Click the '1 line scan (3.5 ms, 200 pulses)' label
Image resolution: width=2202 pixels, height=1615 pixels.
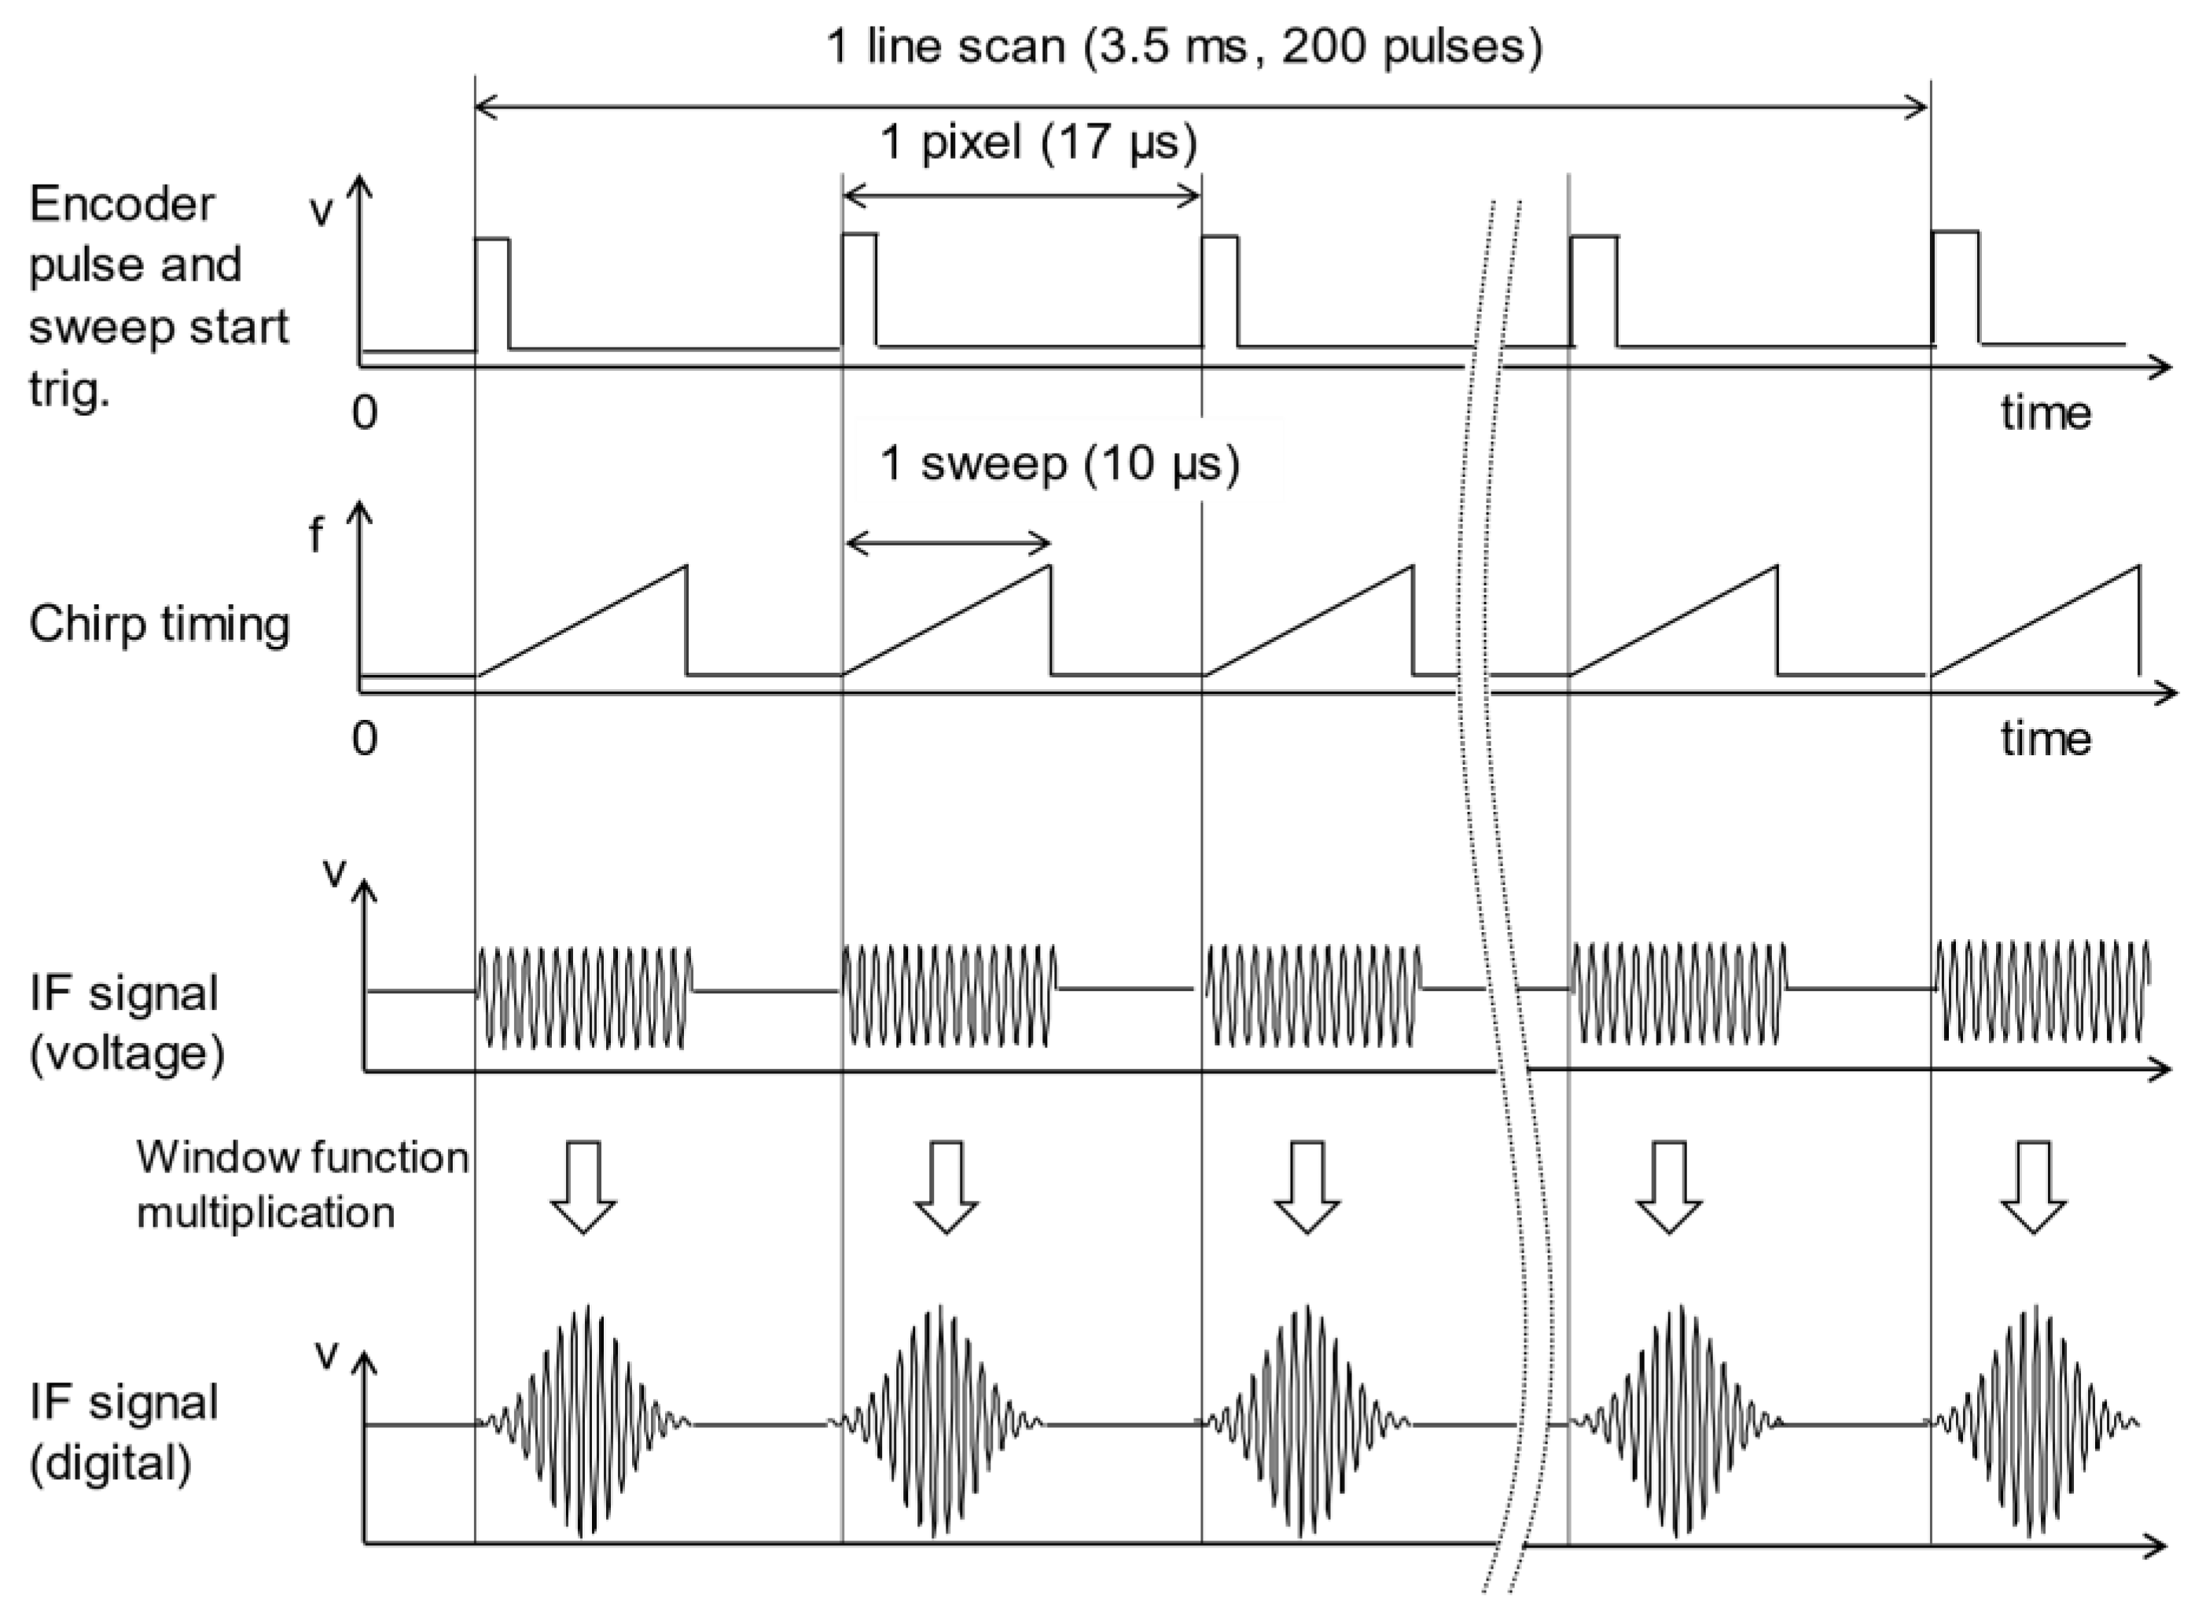click(1183, 46)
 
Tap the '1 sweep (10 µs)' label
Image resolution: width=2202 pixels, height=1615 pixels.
click(1059, 464)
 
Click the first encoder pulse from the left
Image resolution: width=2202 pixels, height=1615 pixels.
click(492, 292)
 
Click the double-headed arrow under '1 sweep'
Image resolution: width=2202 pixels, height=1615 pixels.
click(947, 542)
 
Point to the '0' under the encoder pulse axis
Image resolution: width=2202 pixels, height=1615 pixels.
click(365, 413)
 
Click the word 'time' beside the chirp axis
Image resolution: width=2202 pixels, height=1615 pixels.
click(2046, 738)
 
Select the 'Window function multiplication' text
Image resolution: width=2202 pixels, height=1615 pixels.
click(301, 1184)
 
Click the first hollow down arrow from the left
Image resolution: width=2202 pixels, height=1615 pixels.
click(583, 1186)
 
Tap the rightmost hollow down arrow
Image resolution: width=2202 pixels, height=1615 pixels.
click(2033, 1186)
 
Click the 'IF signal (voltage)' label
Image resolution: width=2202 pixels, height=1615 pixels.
click(126, 1022)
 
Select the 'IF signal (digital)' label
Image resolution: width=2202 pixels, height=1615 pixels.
click(123, 1432)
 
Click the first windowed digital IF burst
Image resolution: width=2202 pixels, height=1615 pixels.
click(585, 1422)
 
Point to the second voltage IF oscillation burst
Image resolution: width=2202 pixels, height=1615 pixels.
click(948, 994)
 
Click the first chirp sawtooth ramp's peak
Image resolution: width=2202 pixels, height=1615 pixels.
click(686, 567)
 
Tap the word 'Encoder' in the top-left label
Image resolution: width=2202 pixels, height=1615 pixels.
click(121, 204)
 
